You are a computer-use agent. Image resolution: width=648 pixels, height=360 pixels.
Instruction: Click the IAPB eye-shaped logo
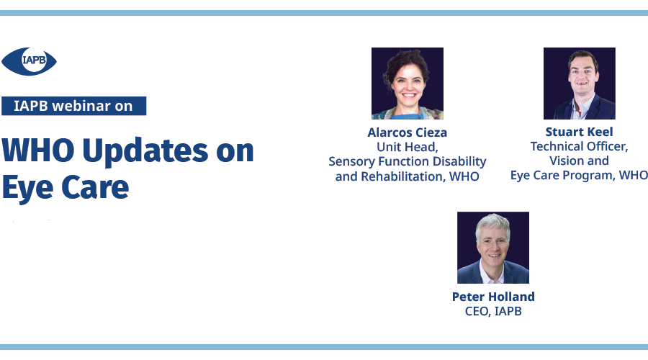29,62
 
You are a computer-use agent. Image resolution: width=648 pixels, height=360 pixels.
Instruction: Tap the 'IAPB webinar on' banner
74,106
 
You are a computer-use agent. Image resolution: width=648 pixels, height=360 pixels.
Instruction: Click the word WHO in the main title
38,150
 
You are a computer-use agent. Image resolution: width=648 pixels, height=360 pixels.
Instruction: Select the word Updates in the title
145,152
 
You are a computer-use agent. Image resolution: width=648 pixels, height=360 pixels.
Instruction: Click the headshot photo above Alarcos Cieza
408,84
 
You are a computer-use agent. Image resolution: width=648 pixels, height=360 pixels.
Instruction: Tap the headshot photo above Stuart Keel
580,84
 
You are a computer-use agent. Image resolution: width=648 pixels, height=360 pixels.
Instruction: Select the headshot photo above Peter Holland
493,248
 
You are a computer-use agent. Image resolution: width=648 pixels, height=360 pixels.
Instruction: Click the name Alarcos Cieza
408,132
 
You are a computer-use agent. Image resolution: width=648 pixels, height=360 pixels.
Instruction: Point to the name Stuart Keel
580,132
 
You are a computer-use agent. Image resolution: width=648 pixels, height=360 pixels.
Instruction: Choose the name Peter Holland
493,297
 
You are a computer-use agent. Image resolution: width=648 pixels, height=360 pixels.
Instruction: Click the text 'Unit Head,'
408,147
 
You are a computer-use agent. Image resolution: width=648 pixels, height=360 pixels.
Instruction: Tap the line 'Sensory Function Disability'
408,161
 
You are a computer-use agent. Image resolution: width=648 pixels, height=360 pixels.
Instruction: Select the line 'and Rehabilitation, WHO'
408,176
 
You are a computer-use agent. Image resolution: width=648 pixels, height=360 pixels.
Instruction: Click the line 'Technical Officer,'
580,146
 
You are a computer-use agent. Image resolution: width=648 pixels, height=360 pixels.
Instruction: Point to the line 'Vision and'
580,161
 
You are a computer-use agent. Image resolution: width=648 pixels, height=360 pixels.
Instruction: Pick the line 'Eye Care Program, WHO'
579,175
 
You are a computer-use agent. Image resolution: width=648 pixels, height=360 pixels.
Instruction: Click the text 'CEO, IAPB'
493,311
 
